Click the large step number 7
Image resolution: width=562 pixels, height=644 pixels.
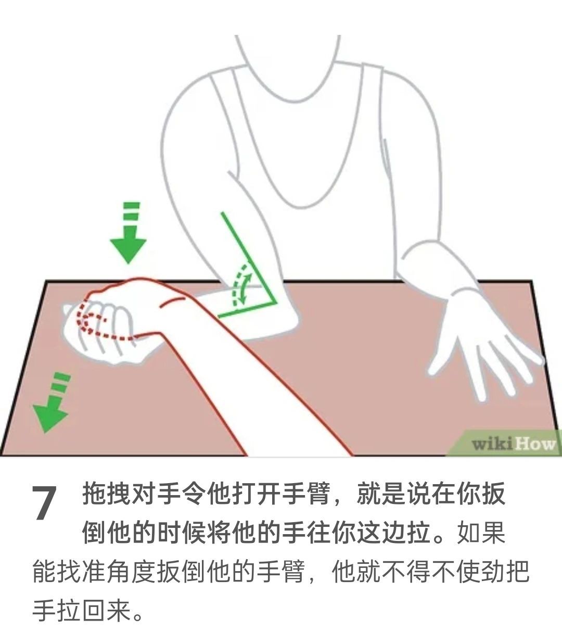[x=44, y=503]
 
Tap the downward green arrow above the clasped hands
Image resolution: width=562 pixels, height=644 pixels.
[x=128, y=232]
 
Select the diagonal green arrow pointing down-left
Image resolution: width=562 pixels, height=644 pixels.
[x=52, y=402]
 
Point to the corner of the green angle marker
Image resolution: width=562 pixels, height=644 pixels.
[x=275, y=303]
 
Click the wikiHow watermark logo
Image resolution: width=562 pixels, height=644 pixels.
[x=513, y=444]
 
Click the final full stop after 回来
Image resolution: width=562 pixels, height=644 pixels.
[x=138, y=617]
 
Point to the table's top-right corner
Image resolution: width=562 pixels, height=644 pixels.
[x=532, y=280]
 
